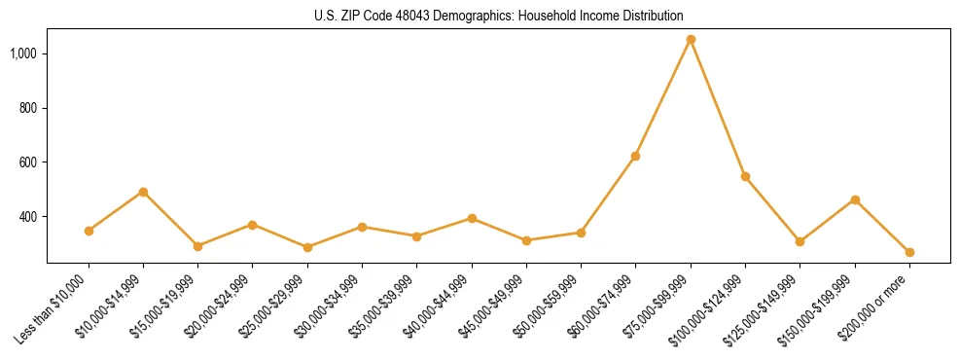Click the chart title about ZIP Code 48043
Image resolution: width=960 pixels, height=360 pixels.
click(499, 16)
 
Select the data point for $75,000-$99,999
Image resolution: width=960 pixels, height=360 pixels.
click(691, 40)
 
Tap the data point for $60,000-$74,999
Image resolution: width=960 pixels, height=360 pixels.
click(636, 156)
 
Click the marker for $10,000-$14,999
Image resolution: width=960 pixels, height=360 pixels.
click(143, 192)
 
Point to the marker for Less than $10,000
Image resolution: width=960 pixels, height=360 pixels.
click(89, 231)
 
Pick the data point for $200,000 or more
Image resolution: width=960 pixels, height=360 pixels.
click(909, 252)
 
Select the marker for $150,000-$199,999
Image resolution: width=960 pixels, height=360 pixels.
click(855, 199)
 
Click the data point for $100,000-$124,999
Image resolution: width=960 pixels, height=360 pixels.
click(745, 176)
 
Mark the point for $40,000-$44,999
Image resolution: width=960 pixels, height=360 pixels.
click(472, 218)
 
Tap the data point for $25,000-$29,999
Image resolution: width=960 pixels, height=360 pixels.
click(307, 247)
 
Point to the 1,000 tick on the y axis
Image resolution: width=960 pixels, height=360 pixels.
click(23, 53)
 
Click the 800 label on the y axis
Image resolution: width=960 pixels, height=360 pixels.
click(28, 107)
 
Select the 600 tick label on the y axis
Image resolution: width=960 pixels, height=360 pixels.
click(28, 162)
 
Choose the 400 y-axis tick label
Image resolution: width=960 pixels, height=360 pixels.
click(28, 216)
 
